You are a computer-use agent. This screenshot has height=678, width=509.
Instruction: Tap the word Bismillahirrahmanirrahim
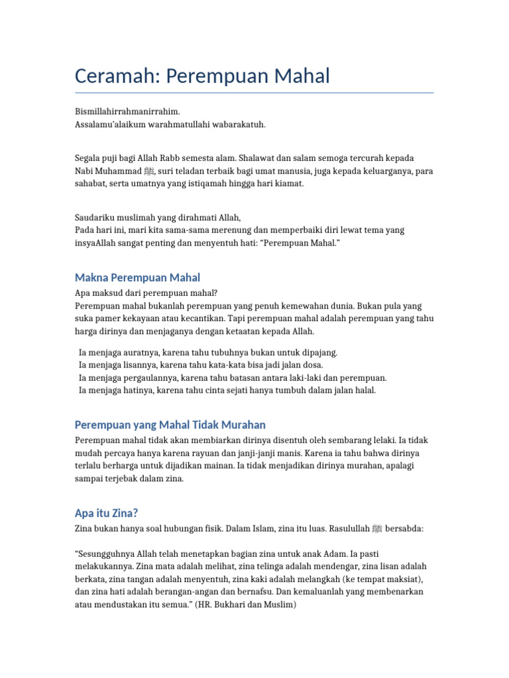[127, 111]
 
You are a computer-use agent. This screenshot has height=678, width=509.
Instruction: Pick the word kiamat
[288, 183]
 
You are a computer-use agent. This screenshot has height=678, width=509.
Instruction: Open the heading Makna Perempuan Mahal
[137, 277]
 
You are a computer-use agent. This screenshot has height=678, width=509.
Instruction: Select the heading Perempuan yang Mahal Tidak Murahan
[170, 424]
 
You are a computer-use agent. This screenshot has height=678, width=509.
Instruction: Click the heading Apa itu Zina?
[106, 513]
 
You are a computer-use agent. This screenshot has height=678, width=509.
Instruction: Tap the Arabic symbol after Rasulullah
[376, 529]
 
